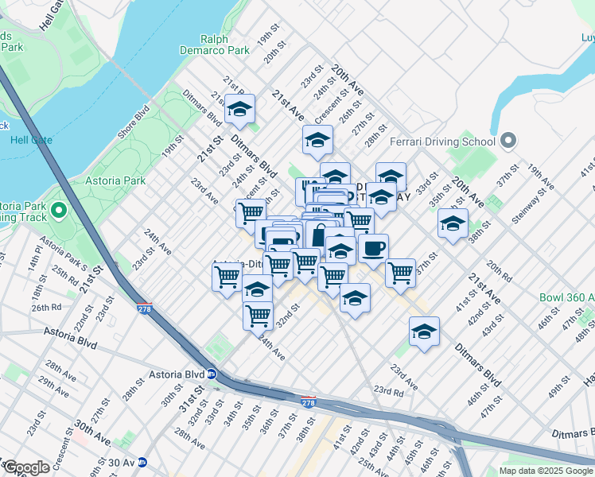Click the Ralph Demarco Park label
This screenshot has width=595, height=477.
click(x=225, y=45)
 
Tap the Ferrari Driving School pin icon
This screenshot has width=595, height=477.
click(x=509, y=142)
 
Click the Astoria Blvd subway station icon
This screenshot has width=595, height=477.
click(x=212, y=374)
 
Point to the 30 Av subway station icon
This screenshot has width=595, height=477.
click(x=142, y=462)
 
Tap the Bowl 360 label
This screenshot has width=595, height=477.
click(x=566, y=298)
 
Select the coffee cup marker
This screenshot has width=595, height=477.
click(x=373, y=249)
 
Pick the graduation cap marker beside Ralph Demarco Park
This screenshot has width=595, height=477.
click(x=239, y=111)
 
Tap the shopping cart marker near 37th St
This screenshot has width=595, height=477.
click(x=400, y=273)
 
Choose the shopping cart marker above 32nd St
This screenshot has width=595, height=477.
click(x=258, y=315)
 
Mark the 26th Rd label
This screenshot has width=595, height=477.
click(x=46, y=307)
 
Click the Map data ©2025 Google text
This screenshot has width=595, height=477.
click(x=546, y=471)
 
